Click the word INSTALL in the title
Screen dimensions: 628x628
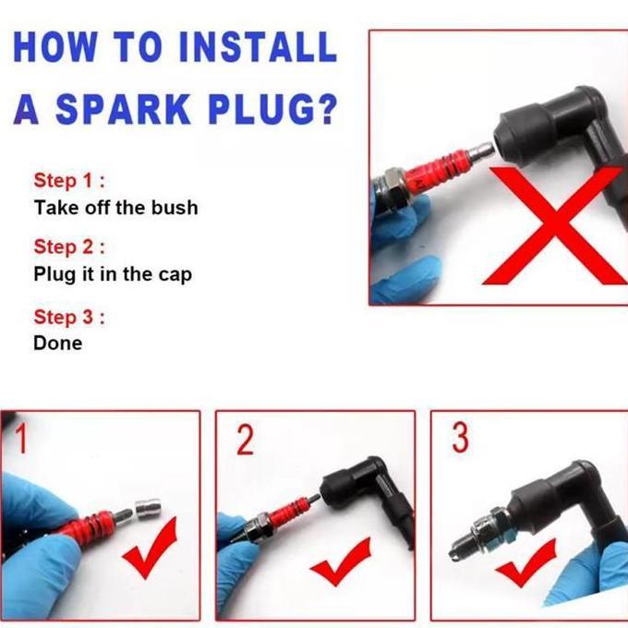point(259,46)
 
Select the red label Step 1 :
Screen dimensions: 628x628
point(69,180)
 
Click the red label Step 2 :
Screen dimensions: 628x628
point(69,247)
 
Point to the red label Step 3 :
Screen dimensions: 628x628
point(69,317)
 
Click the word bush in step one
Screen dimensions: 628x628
point(175,208)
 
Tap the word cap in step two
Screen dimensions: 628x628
point(175,275)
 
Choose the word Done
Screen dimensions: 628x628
point(58,344)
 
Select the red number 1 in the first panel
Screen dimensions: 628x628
point(21,439)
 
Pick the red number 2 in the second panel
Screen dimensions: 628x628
point(245,441)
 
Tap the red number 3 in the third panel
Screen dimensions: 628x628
point(460,438)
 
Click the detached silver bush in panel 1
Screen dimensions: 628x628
point(148,509)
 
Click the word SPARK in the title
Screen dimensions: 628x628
point(123,109)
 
